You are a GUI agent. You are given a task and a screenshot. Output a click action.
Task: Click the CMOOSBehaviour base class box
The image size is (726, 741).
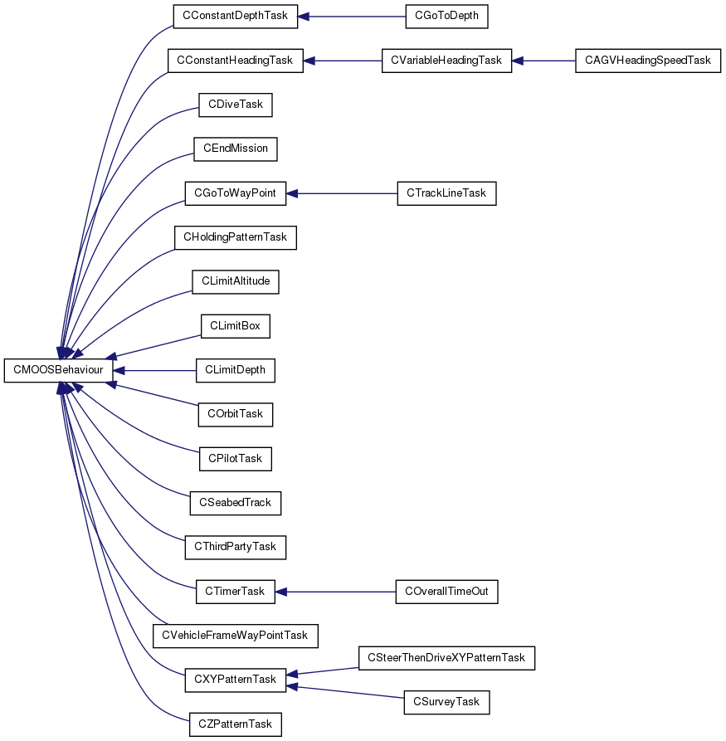(58, 370)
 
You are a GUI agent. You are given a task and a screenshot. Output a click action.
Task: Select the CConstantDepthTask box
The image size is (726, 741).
(236, 17)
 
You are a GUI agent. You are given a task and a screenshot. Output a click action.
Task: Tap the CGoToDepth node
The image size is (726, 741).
(446, 17)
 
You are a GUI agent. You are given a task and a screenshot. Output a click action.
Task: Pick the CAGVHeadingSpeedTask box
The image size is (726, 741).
(648, 61)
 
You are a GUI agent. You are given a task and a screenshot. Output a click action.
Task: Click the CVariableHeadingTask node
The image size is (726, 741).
(446, 61)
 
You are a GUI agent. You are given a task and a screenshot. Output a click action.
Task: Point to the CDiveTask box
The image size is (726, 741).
(236, 105)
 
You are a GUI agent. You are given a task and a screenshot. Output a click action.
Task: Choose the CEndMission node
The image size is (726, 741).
(236, 149)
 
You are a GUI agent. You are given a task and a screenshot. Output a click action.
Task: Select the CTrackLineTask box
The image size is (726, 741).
(446, 193)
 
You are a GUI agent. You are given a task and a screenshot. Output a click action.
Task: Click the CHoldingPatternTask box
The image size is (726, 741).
(236, 237)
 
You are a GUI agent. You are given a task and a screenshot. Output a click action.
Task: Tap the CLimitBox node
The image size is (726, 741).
(236, 326)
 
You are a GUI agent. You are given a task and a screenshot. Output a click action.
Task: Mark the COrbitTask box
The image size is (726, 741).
(236, 414)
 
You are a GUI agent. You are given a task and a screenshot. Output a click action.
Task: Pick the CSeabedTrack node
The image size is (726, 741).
(236, 504)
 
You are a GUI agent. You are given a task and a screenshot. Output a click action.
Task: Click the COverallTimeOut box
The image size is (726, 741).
(446, 592)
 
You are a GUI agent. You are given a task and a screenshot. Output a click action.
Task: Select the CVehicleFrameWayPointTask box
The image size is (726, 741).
(236, 636)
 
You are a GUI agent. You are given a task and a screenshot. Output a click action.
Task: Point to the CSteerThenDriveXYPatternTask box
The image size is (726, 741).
(446, 658)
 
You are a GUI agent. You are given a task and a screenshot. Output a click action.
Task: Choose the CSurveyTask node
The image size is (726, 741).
(446, 702)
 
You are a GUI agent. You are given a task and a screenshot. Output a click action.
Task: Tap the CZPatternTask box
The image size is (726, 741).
(236, 724)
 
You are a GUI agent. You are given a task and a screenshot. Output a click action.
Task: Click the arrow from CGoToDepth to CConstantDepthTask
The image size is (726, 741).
(352, 17)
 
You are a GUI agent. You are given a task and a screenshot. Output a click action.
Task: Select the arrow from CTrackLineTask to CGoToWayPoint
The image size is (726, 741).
(342, 194)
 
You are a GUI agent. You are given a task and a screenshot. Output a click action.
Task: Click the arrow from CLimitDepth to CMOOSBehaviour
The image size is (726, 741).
(154, 370)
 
